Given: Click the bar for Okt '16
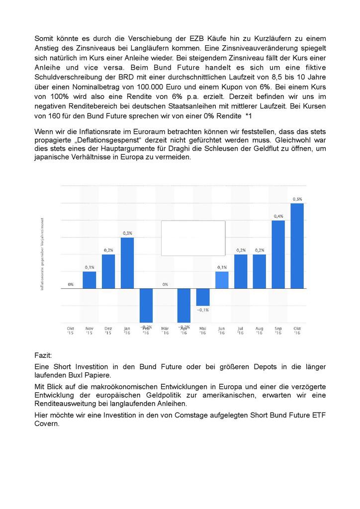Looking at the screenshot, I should coord(297,246).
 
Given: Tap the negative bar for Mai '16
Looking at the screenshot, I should coord(202,297).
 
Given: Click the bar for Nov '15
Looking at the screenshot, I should coord(90,280).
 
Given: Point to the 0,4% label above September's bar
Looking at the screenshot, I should coord(278,216).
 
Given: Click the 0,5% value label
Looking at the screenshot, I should coord(297,199).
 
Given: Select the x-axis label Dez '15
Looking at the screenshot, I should coord(108,331).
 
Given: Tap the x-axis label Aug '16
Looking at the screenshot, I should coord(259,331).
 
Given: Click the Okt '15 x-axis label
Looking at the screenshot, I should coord(71,331).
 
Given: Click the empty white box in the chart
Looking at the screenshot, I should coord(193,238).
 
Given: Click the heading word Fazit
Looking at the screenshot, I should coord(43,356).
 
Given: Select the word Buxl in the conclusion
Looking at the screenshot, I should coord(86,375).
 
